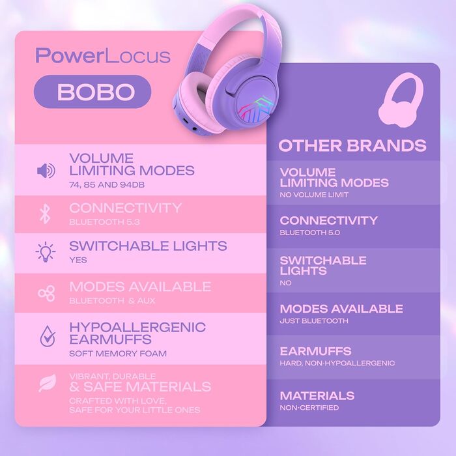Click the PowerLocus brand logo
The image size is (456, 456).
(103, 55)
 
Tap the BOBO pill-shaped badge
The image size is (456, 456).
(92, 92)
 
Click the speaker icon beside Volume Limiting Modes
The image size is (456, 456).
(46, 171)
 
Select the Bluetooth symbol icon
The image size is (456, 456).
(45, 214)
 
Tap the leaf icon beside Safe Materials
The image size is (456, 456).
(47, 384)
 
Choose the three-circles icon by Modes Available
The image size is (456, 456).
(46, 293)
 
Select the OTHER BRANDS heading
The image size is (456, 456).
(352, 145)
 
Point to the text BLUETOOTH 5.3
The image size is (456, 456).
(104, 222)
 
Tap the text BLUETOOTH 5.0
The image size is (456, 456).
(310, 233)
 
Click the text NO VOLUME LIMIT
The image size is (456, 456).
(314, 195)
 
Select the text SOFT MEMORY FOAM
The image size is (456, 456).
(118, 354)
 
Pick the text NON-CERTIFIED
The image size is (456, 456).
(309, 408)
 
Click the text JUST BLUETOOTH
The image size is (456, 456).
(314, 321)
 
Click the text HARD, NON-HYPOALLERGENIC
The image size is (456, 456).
(337, 363)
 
